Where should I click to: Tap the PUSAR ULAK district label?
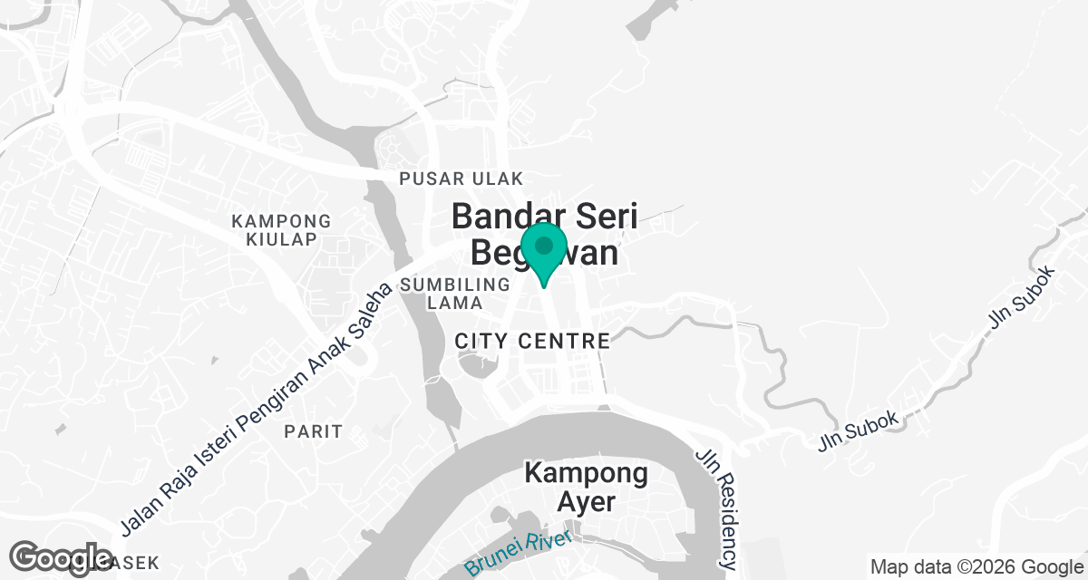point(461,179)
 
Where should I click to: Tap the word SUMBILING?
point(455,285)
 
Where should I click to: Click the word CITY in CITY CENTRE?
point(482,342)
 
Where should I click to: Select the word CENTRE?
point(565,342)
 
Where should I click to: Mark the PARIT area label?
point(314,431)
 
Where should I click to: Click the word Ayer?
point(586,502)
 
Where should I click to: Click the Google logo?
point(61,559)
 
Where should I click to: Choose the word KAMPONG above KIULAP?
point(281,221)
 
